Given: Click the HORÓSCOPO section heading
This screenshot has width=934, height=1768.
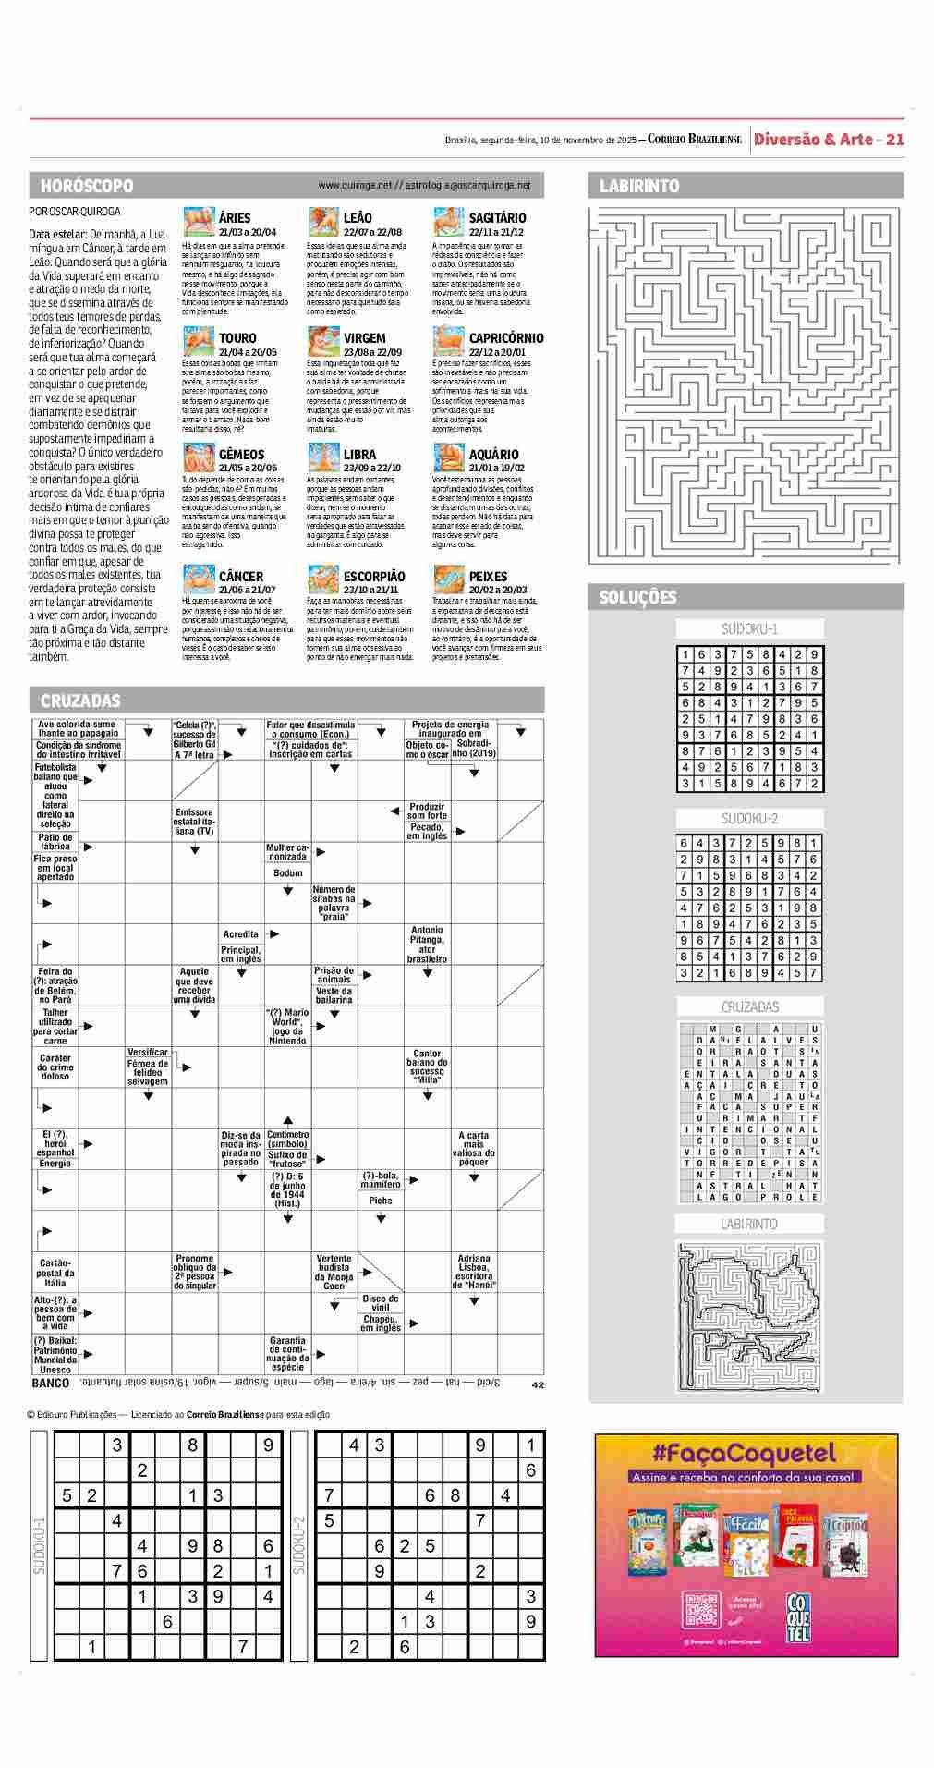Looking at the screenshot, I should pos(87,186).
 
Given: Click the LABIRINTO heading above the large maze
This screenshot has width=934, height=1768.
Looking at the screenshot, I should pos(639,186).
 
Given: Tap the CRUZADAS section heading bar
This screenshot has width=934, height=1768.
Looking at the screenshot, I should pos(80,701).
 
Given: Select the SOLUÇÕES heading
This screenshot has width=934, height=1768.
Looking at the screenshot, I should pos(637,597).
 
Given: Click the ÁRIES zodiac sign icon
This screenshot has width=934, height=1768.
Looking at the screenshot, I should pos(199,223).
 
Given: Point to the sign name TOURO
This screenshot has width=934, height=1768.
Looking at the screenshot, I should pos(237,338).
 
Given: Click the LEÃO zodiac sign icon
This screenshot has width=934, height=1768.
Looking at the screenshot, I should pos(323,223).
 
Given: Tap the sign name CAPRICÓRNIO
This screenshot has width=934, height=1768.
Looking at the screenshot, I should pos(506,338).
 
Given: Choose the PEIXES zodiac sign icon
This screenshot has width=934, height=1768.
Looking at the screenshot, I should pos(448,579).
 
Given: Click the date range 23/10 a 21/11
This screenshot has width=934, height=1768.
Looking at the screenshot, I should pos(370,590).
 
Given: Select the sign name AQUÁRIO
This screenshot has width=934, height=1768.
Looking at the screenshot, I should pos(493,455).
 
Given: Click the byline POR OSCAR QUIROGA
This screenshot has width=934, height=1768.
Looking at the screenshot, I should pos(75,212).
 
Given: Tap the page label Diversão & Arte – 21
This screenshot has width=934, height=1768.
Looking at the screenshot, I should pos(828,140).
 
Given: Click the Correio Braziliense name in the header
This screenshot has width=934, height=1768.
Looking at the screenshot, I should pos(695,140).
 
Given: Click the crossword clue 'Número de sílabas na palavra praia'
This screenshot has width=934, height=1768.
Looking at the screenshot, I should pos(334,903).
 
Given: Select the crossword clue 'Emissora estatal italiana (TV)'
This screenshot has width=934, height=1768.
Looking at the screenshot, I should pos(194,822).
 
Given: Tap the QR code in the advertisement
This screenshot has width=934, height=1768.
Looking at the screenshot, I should pos(699,1608).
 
